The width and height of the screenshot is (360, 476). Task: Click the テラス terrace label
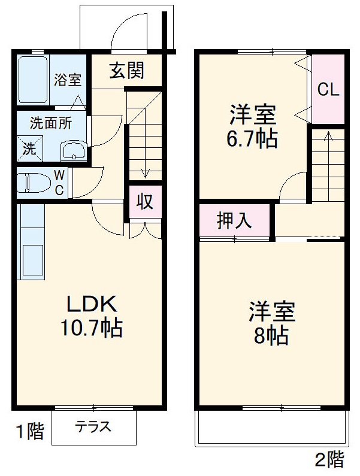click(x=93, y=428)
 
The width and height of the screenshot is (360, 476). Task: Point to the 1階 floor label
click(x=29, y=431)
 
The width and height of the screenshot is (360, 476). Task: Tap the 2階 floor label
click(x=329, y=460)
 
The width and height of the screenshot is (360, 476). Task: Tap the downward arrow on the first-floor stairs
click(x=144, y=171)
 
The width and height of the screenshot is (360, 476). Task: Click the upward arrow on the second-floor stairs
click(x=327, y=137)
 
